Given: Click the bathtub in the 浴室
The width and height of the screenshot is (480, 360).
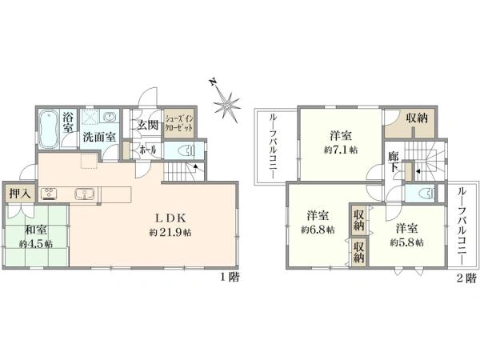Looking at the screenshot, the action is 49,129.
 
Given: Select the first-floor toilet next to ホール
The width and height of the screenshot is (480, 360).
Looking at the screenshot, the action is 186,150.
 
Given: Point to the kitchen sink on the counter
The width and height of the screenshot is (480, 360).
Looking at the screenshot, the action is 84,194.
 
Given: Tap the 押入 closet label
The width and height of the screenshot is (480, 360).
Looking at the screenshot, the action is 20,194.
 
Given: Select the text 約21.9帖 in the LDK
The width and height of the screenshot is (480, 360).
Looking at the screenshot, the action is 170,233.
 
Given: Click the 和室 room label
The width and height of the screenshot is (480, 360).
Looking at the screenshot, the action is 36,230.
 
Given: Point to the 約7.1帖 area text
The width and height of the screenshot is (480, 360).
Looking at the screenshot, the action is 341,150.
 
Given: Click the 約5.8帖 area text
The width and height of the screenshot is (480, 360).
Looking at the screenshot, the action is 407,242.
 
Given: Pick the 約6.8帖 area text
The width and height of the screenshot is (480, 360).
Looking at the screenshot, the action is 318,230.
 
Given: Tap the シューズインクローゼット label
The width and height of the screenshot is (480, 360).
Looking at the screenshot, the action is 179,122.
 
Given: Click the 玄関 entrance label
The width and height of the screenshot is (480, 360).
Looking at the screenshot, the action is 147,126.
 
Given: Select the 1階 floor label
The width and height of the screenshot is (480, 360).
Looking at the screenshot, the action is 230,278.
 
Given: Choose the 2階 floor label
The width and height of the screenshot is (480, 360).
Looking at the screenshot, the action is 467,278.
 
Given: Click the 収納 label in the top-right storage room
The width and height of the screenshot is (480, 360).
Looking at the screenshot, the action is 417,118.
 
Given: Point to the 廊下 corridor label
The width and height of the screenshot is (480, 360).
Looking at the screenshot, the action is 394,162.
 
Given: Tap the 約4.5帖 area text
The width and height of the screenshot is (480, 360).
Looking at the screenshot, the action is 36,244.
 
